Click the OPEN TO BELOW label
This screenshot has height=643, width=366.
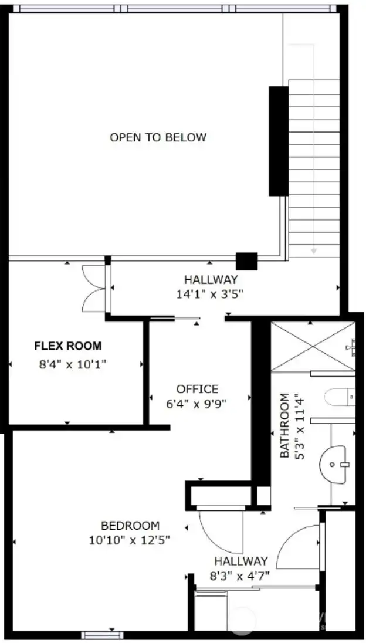coord(158,138)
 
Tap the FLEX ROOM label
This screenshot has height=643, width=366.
coord(67,346)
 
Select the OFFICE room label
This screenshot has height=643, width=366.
coord(197,389)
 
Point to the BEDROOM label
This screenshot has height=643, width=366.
coord(130,526)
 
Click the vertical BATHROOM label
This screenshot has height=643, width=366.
coord(284,425)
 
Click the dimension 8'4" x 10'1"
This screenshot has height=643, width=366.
coord(72,364)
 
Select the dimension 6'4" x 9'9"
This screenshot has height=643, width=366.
coord(197,404)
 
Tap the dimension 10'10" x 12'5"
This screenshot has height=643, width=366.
coord(130,540)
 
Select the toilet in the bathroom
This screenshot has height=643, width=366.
coord(340,398)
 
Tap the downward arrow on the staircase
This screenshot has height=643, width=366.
coord(314,250)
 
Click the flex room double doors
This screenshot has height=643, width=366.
coord(94,287)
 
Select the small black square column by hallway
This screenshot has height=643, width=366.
coord(246,261)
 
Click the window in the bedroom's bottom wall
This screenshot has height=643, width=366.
coord(102,635)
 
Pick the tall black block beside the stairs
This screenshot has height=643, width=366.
coord(279,141)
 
